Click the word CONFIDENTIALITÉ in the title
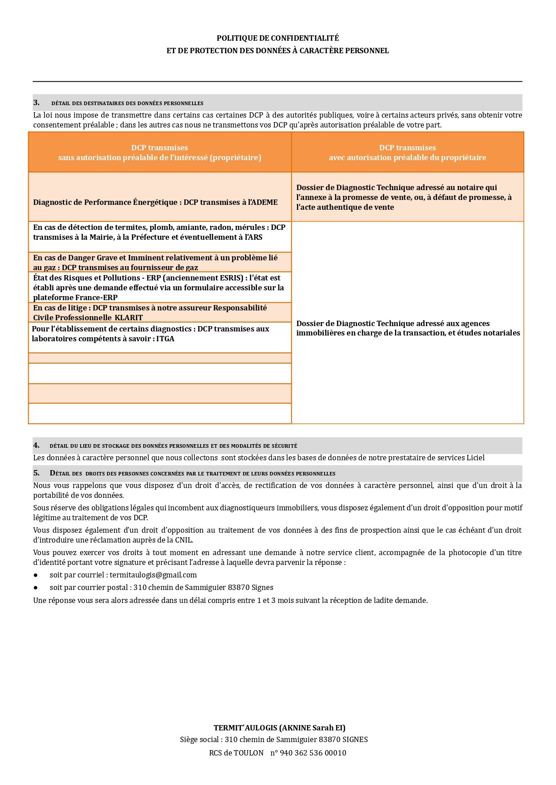point(305,38)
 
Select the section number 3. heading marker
point(36,102)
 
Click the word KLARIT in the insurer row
point(128,318)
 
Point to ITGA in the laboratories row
point(165,339)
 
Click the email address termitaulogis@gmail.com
point(153,575)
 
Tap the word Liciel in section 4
point(475,458)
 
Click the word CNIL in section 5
point(183,540)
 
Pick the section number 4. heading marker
point(36,445)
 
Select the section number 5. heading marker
point(36,473)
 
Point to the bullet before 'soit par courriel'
point(36,575)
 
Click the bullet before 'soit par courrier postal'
point(36,587)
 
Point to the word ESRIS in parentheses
point(230,278)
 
